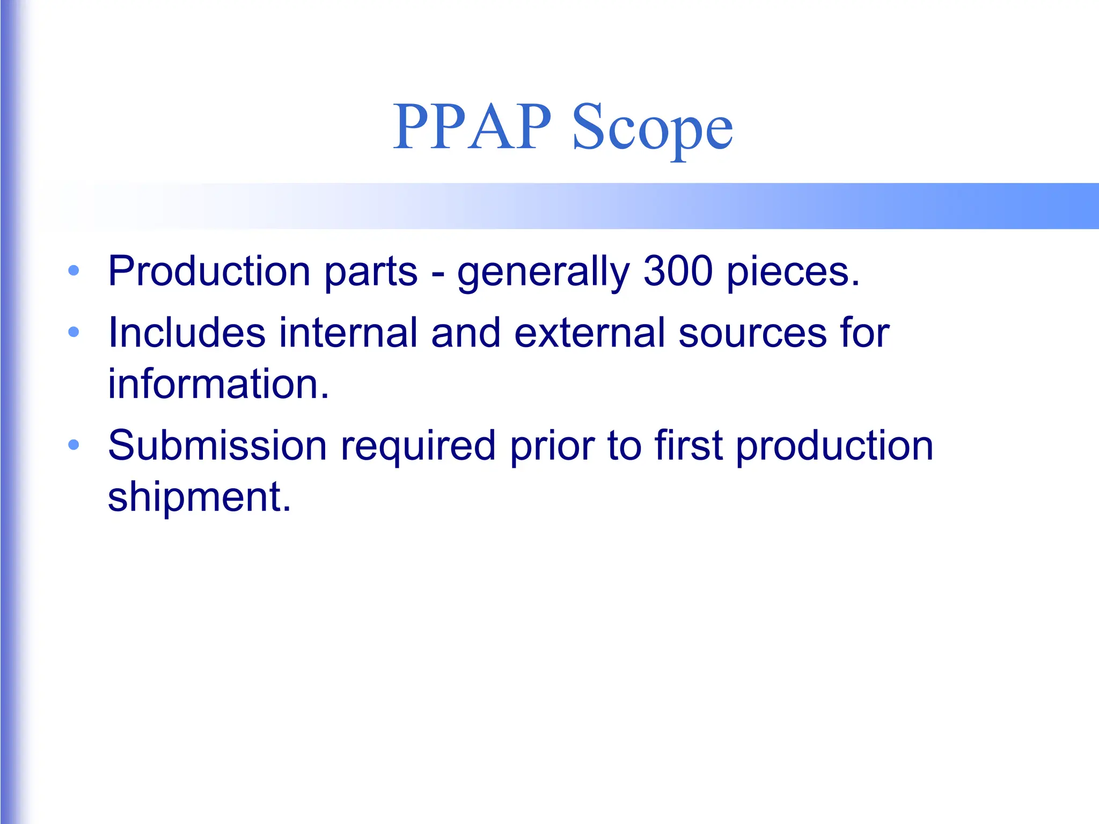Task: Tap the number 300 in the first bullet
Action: point(678,271)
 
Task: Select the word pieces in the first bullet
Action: point(793,272)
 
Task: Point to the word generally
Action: point(543,272)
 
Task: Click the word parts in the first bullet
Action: point(370,272)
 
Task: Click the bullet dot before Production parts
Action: point(74,270)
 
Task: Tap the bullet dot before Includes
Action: point(74,332)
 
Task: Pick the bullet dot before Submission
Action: point(74,445)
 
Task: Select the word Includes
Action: point(187,333)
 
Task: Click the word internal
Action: point(348,333)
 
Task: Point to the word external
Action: point(590,333)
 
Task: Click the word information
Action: point(218,384)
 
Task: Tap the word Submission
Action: point(217,445)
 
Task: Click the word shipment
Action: point(199,497)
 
